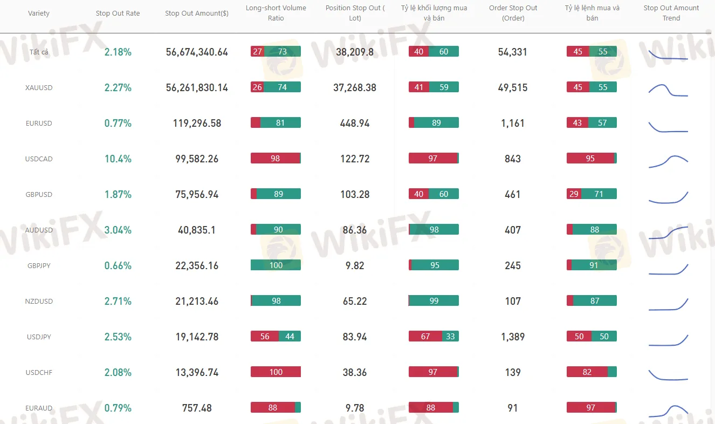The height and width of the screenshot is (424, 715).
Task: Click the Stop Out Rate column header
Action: (118, 13)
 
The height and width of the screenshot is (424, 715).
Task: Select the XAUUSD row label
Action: (39, 87)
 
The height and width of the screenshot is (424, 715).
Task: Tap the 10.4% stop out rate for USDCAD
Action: (118, 159)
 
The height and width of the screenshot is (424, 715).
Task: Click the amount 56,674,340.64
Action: (197, 52)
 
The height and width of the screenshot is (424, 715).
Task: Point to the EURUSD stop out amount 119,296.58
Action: (197, 123)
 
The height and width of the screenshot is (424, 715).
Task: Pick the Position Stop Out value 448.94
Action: (355, 123)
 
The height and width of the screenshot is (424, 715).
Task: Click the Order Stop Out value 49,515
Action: (513, 87)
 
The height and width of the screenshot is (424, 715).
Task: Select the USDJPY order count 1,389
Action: (513, 337)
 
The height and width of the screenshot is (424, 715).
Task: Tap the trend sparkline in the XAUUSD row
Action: (668, 90)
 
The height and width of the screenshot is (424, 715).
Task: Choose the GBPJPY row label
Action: (39, 265)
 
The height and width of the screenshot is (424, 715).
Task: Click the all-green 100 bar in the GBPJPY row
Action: (276, 265)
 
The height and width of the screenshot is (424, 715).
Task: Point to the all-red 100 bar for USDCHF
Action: (276, 372)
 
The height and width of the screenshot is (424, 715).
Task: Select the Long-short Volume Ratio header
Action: (276, 13)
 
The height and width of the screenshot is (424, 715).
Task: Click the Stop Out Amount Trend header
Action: (671, 13)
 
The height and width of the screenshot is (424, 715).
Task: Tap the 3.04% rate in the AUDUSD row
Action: (118, 230)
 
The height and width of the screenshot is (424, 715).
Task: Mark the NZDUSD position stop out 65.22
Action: (355, 301)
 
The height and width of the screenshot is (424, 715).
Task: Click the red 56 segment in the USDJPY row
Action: (264, 336)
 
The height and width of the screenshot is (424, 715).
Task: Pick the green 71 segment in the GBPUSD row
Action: (599, 194)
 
